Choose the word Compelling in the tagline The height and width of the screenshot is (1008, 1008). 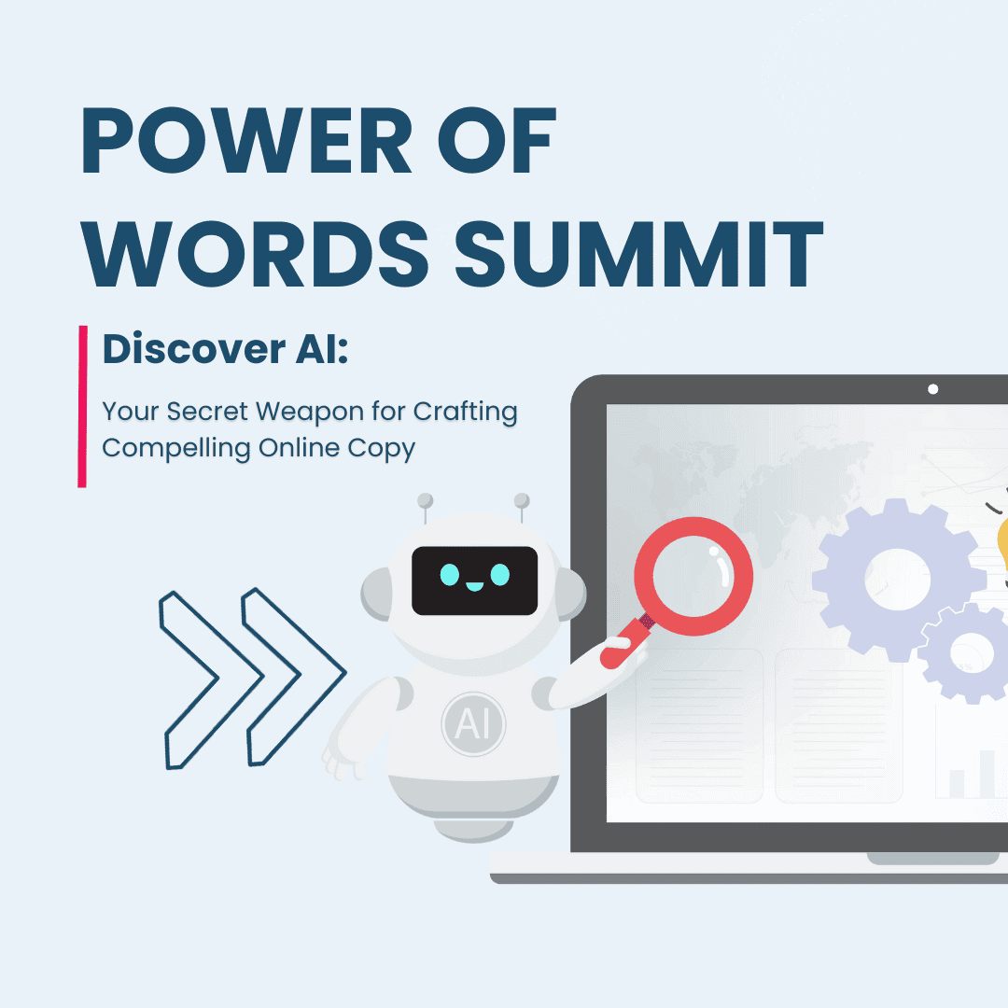tap(175, 448)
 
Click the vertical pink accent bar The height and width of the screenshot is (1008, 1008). tap(83, 406)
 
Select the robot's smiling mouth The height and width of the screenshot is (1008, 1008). tap(474, 586)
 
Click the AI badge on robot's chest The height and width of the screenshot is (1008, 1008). tap(473, 723)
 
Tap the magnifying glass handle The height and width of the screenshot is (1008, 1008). tap(623, 643)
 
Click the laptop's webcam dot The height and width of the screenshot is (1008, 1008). tap(932, 389)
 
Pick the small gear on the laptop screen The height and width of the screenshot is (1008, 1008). tap(971, 651)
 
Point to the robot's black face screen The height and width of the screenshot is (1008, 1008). tap(475, 580)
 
